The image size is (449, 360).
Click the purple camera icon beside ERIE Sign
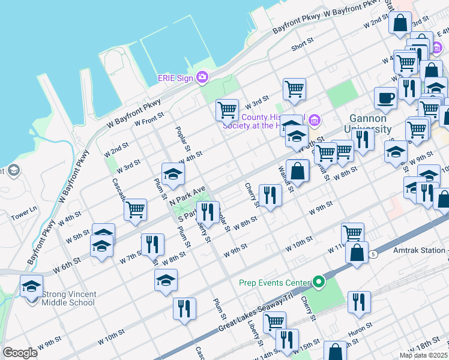tap(202, 77)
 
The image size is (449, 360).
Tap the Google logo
tap(20, 353)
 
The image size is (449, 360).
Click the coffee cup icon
tap(385, 97)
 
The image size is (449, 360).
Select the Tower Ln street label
tap(24, 210)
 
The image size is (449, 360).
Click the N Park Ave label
tap(187, 196)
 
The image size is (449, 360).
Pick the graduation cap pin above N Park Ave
tap(173, 174)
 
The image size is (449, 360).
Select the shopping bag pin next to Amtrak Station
tap(357, 252)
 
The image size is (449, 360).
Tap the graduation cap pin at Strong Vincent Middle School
tap(32, 286)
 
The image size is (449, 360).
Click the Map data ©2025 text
tap(423, 355)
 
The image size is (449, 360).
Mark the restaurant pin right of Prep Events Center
tap(358, 302)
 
